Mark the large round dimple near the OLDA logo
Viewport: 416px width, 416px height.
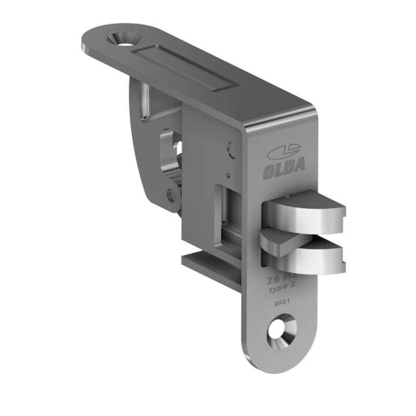pyautogui.click(x=232, y=150)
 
